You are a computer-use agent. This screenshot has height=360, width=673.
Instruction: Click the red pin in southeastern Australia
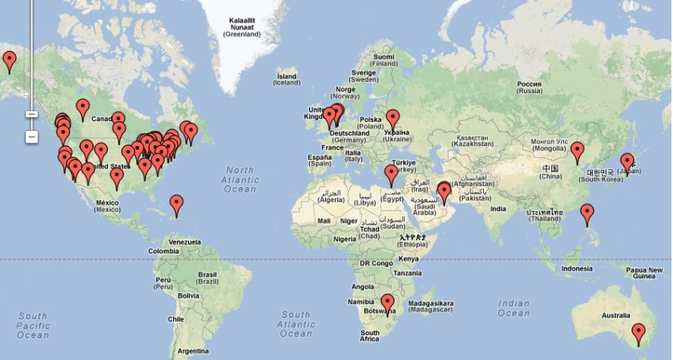coord(638,332)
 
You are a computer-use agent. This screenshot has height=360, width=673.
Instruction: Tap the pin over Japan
coord(627,162)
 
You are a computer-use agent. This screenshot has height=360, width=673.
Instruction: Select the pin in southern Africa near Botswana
coord(388,303)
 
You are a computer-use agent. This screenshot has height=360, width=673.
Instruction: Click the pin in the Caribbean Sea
coord(176,204)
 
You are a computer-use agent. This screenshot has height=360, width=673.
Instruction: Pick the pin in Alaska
coord(10,60)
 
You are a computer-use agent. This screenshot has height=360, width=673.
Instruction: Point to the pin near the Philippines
coord(587,213)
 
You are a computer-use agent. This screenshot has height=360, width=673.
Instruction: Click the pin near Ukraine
coord(393,119)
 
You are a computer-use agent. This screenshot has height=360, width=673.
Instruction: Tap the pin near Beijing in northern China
coord(577,151)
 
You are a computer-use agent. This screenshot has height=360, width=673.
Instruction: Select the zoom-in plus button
coord(31,114)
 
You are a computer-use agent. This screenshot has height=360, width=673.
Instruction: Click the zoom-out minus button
coord(31,136)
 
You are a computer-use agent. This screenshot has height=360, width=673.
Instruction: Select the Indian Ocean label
coord(513,308)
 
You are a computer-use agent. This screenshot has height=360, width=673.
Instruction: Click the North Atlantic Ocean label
coord(240,180)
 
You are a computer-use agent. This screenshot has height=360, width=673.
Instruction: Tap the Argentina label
coord(193,351)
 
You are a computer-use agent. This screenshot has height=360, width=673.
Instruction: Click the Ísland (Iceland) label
coord(286,79)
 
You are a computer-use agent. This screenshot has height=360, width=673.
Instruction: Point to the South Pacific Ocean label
coord(34,326)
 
